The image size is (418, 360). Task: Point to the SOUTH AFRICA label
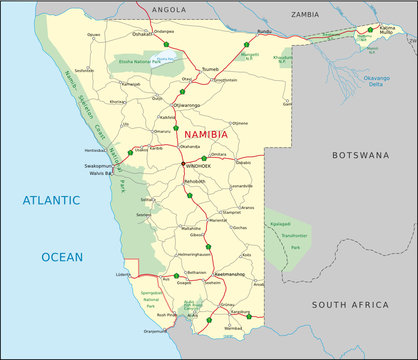(x=349, y=305)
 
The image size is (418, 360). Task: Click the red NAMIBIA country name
(x=205, y=133)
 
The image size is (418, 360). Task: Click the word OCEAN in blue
(x=62, y=257)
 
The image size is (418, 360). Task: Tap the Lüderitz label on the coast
(x=124, y=272)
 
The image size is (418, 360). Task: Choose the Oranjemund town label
(x=156, y=331)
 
